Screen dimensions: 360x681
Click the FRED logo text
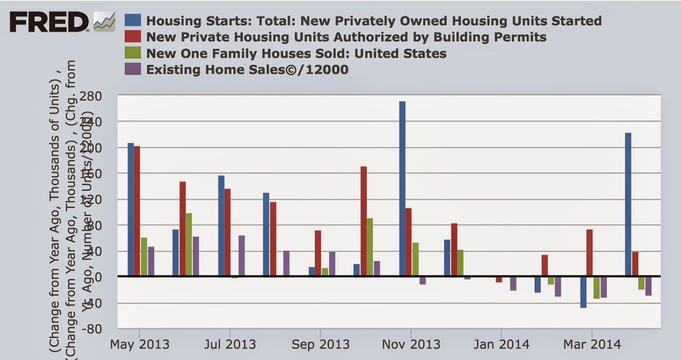(49, 22)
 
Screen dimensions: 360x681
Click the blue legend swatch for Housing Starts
(133, 20)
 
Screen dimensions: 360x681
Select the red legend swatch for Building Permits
(133, 37)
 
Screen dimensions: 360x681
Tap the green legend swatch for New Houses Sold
(133, 53)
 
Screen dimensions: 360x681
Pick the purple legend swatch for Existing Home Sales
(133, 69)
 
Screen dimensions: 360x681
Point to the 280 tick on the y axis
(91, 96)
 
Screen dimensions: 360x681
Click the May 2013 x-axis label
(140, 344)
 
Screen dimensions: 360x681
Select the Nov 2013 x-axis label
(411, 344)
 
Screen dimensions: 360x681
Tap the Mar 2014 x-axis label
(592, 344)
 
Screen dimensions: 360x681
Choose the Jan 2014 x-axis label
(501, 344)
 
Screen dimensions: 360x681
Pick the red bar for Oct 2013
(363, 221)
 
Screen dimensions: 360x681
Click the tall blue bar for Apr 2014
(628, 204)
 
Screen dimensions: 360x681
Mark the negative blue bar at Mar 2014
(583, 292)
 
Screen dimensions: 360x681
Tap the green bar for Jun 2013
(189, 245)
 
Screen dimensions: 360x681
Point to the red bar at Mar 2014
(589, 253)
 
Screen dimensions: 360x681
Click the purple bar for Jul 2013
(241, 256)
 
